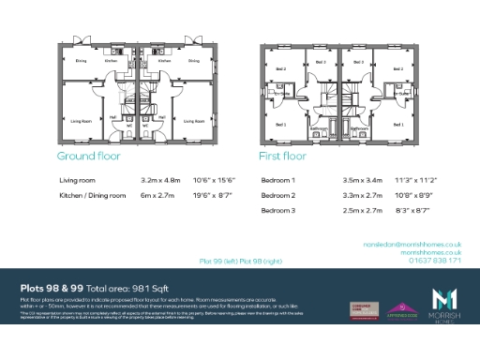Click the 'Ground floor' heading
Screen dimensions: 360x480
pos(88,157)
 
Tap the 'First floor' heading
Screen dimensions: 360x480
pos(282,157)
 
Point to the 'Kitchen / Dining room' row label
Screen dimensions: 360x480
pos(92,195)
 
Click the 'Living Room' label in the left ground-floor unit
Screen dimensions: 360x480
pos(81,121)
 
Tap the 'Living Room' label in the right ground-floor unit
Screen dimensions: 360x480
pos(194,121)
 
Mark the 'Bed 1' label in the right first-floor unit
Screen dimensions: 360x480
pos(397,123)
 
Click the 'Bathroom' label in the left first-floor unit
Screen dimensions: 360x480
pos(318,128)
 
